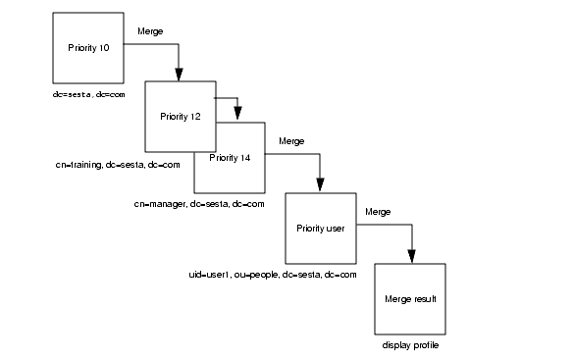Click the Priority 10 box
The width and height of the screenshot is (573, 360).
click(87, 49)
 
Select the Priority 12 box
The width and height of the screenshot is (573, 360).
click(181, 116)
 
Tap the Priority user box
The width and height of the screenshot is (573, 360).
click(319, 229)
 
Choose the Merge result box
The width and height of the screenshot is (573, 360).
click(411, 298)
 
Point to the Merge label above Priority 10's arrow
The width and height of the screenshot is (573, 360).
click(150, 31)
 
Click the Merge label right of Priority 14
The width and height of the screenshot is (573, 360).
click(291, 141)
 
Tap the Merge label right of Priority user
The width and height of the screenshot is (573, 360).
click(378, 211)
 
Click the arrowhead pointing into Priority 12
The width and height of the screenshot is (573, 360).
click(180, 74)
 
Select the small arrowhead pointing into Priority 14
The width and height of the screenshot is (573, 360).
click(237, 114)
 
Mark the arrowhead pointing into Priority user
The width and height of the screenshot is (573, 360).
click(320, 185)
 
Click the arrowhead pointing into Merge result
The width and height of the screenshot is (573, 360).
click(411, 255)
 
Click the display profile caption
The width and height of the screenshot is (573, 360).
click(410, 345)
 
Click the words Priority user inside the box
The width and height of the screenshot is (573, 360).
click(319, 229)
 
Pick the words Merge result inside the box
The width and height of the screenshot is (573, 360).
click(411, 298)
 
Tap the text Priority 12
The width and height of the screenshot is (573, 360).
click(181, 116)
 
